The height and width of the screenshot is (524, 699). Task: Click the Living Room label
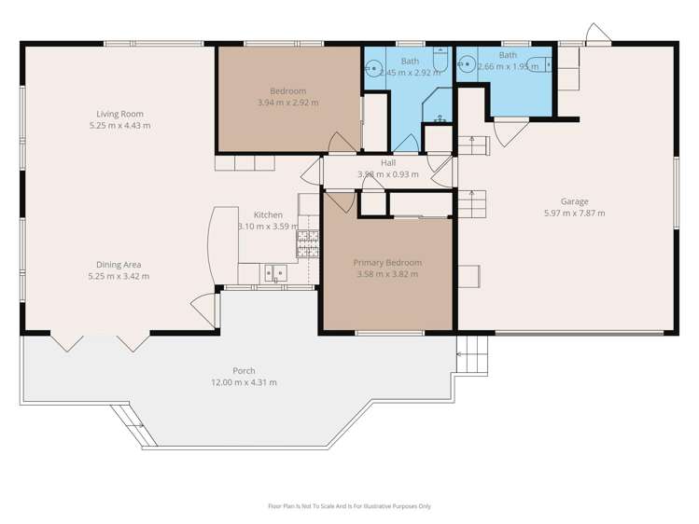[x=119, y=114]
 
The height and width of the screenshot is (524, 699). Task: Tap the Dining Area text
[x=119, y=265]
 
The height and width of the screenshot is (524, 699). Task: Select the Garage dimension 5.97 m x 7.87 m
[x=574, y=214]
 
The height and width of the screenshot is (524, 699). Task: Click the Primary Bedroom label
[x=387, y=263]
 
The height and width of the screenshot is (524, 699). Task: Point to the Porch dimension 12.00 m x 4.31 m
[x=243, y=382]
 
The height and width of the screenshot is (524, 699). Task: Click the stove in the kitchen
[x=306, y=243]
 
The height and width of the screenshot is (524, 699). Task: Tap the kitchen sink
[x=273, y=273]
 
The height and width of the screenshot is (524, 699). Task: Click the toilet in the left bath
[x=441, y=64]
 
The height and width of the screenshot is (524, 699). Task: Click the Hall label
[x=387, y=163]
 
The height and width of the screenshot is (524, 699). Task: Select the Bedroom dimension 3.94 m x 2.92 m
[x=287, y=103]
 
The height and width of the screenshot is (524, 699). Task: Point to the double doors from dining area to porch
[x=101, y=342]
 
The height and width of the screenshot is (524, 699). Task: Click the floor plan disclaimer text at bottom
[x=349, y=506]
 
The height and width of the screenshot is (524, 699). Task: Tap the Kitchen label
[x=268, y=214]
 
